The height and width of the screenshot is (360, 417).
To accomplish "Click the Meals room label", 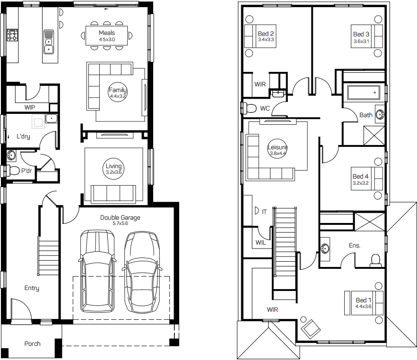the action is [x=107, y=33].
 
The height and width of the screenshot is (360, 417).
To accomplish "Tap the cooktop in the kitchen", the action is [x=12, y=35].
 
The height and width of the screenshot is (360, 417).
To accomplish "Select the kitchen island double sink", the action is [x=48, y=42].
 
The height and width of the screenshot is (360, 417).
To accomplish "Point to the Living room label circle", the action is [x=113, y=169].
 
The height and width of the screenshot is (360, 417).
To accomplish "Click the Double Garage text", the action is [x=120, y=218].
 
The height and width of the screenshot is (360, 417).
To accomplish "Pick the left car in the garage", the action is [x=98, y=271].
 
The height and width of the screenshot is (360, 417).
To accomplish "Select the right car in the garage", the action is [x=142, y=272].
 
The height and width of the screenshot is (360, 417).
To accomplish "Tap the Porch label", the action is [x=33, y=343].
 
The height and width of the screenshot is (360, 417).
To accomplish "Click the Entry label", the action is [x=32, y=288].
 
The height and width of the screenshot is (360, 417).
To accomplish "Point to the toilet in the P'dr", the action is [x=12, y=171].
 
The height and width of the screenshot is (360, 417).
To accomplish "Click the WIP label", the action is [x=30, y=107].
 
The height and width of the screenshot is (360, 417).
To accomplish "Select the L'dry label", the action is [x=23, y=136].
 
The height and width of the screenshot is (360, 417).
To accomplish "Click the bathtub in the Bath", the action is [x=364, y=93].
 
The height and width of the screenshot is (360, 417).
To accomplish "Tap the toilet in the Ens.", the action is [x=375, y=260].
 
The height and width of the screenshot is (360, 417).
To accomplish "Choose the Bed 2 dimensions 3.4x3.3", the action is [x=266, y=40].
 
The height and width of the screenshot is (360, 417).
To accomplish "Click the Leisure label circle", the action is [x=277, y=149].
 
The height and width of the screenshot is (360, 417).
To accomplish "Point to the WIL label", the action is [x=261, y=242].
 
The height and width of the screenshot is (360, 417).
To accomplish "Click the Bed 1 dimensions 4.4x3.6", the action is [x=363, y=306].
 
